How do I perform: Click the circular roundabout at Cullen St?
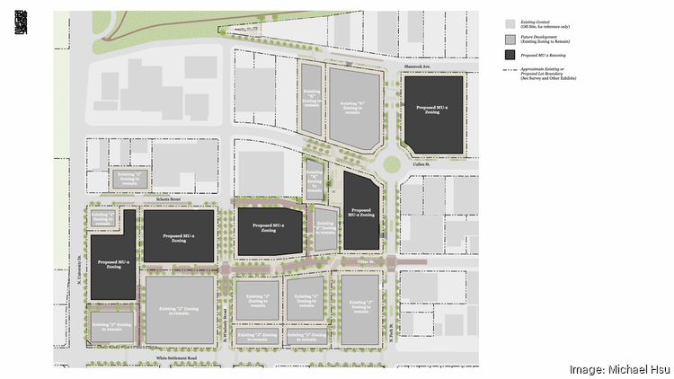391,164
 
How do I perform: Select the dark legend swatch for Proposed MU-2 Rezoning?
510,55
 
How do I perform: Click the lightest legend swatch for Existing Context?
510,22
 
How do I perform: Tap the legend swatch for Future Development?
510,39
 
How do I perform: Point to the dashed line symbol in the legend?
510,71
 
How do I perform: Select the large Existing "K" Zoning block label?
354,107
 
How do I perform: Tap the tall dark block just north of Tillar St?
361,212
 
